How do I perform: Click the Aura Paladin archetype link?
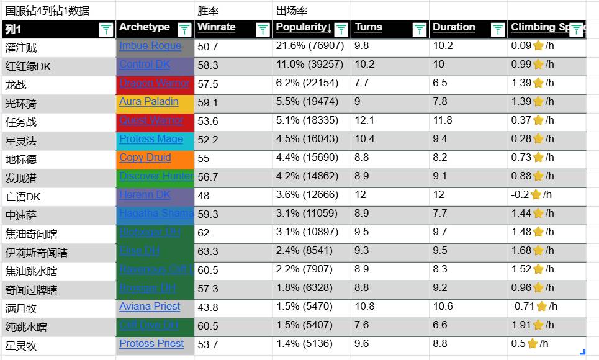tap(149, 102)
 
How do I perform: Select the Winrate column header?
tap(217, 27)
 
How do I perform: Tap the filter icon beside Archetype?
tap(184, 29)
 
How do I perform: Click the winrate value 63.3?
tap(208, 251)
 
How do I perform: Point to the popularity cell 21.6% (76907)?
tap(310, 46)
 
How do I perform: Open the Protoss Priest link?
tap(151, 344)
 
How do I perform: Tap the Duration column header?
tap(454, 27)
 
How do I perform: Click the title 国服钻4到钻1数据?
tap(47, 11)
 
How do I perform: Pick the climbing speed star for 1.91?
tap(538, 325)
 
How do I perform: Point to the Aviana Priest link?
tap(150, 307)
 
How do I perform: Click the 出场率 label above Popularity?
tap(292, 11)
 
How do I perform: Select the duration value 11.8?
tap(443, 120)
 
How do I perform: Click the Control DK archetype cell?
tap(145, 65)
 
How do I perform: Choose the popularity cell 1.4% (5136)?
tap(304, 344)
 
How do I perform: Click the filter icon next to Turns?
tap(420, 29)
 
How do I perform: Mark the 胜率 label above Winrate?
tap(208, 11)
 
